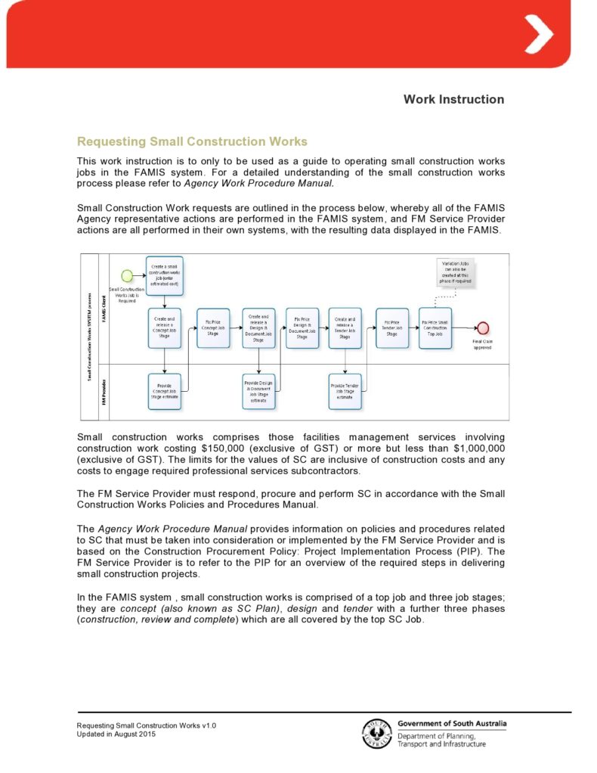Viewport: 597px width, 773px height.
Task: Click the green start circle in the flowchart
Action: [x=128, y=275]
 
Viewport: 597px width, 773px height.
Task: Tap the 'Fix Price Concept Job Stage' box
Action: [x=213, y=328]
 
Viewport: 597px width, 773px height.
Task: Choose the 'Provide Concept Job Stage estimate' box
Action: [x=164, y=391]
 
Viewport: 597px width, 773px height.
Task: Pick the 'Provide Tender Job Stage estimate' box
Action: [x=345, y=391]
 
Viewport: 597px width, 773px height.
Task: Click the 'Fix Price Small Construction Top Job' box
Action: [x=435, y=328]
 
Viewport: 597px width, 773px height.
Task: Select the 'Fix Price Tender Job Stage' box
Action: [x=391, y=328]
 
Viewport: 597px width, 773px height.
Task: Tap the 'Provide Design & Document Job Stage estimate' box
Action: [x=258, y=391]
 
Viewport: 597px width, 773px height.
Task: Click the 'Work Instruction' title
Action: [x=453, y=99]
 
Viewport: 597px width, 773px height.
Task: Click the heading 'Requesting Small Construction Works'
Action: [x=192, y=141]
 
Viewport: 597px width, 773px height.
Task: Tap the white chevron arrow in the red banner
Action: [x=539, y=34]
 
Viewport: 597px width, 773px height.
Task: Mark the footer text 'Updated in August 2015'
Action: [x=116, y=734]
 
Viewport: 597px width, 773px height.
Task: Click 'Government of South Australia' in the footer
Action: [x=452, y=723]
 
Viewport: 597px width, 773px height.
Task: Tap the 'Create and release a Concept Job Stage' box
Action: [x=164, y=328]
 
